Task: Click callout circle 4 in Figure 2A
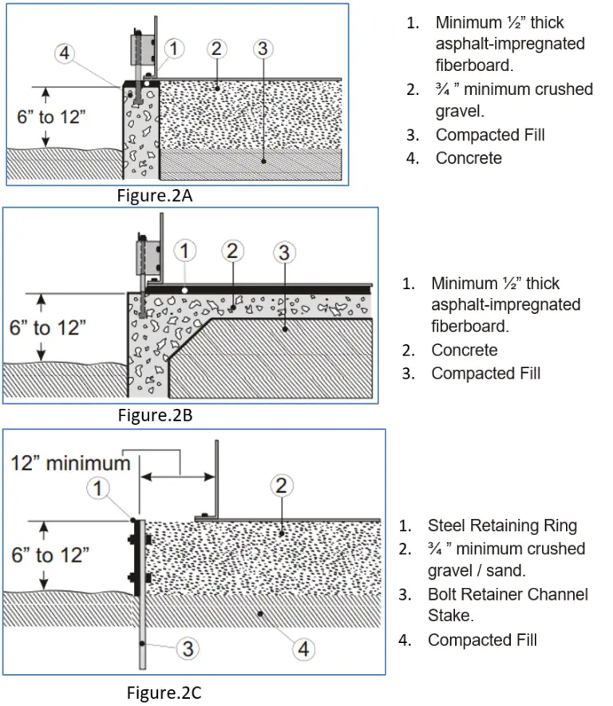(66, 55)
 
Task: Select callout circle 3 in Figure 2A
(262, 49)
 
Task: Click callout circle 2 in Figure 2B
(231, 252)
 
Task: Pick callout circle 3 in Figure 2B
(283, 253)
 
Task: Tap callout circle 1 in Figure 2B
(184, 252)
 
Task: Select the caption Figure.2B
(155, 414)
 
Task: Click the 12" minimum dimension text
(70, 463)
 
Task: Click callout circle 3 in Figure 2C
(187, 648)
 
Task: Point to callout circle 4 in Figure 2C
(303, 649)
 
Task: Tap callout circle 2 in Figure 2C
(280, 485)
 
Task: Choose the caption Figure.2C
(164, 692)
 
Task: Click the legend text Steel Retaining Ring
(502, 526)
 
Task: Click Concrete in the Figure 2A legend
(469, 158)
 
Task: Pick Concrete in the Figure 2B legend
(465, 350)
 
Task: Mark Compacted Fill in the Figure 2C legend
(482, 640)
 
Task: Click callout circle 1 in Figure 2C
(100, 488)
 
